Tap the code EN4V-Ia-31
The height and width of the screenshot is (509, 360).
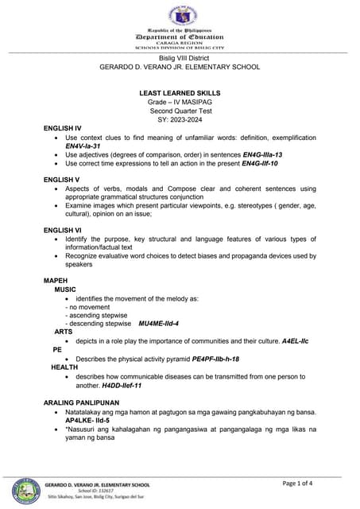83,146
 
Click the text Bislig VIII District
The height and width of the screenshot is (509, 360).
180,60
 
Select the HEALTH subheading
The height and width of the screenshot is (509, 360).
65,367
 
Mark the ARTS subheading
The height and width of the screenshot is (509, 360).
64,332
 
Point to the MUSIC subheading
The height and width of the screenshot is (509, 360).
65,290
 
